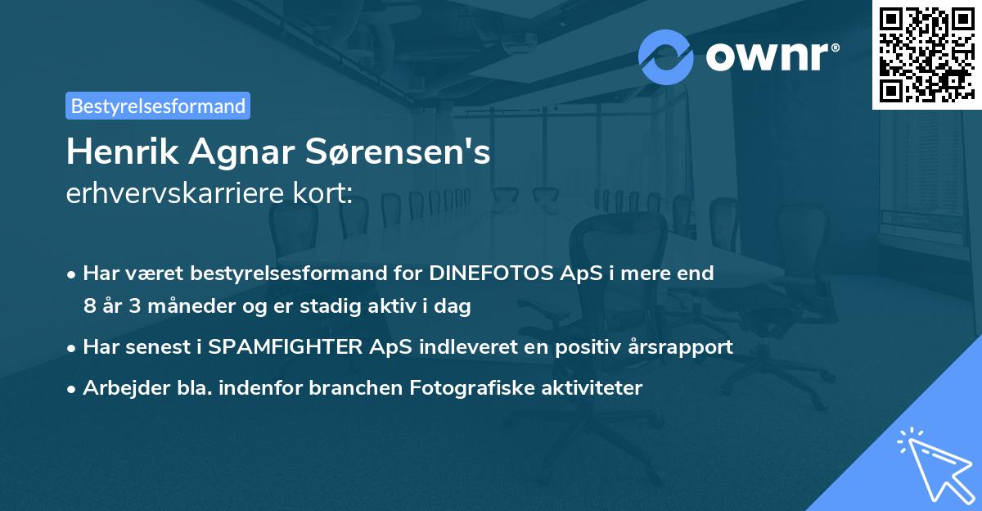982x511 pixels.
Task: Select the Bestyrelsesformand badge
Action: [158, 106]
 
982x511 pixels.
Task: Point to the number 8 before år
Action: [89, 306]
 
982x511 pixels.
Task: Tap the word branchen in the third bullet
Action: [356, 388]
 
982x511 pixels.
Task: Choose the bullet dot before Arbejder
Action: [73, 389]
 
